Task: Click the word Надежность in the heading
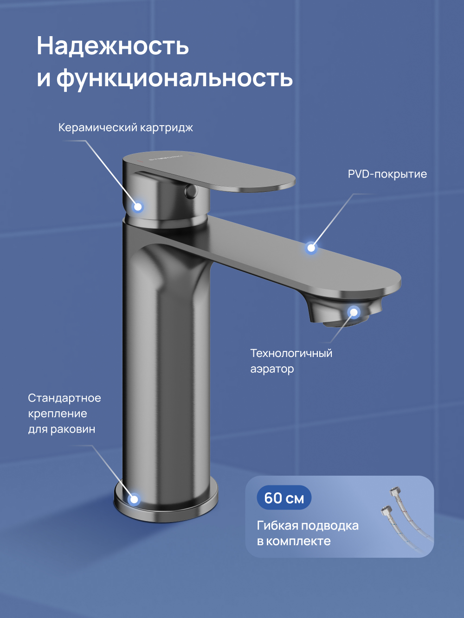point(113,46)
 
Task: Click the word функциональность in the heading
point(174,78)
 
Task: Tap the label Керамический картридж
point(125,127)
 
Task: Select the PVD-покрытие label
point(387,174)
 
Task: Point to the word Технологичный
point(291,353)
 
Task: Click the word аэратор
point(272,369)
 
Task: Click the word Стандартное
point(64,398)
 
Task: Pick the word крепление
point(58,414)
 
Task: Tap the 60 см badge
point(284,498)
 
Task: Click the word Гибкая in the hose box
point(277,526)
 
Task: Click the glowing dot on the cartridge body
point(137,207)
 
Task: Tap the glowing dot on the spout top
point(311,248)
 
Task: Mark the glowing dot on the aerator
point(354,312)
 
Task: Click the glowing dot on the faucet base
point(134,499)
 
